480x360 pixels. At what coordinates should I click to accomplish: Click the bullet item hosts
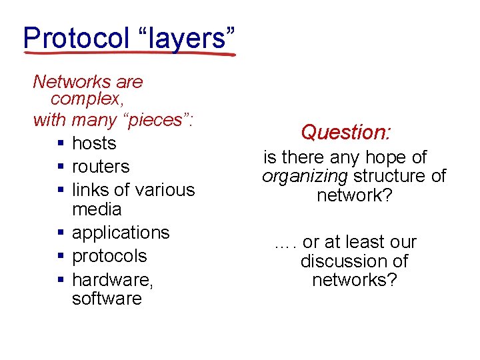coord(94,143)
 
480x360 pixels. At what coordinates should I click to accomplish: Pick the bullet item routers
coord(101,167)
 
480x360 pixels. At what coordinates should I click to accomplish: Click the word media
coord(97,209)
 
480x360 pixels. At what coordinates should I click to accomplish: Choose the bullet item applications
coord(121,233)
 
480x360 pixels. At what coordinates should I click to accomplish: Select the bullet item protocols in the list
coord(109,256)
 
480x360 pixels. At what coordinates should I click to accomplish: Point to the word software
coord(107,298)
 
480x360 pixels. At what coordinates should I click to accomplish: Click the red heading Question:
coord(345,132)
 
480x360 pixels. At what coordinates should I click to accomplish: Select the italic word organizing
coord(305,177)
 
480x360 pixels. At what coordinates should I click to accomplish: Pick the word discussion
coord(354,261)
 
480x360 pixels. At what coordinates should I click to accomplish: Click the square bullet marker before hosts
coord(61,144)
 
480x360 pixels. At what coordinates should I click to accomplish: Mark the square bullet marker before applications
coord(61,233)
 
